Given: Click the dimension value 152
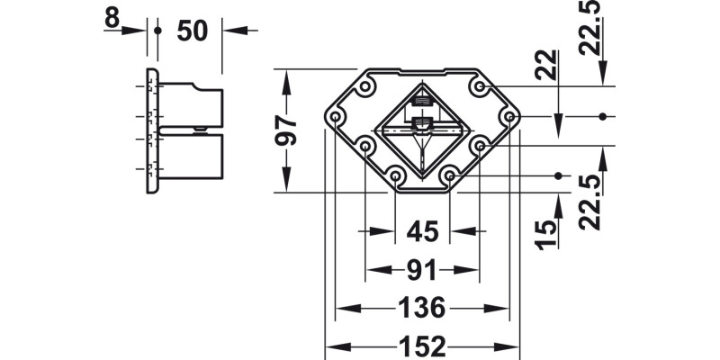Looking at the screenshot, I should (x=421, y=346).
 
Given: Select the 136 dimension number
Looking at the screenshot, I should (x=421, y=309).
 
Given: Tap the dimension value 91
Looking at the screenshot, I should (x=421, y=270).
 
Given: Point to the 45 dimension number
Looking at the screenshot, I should (x=421, y=231).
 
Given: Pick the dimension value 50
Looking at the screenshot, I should (x=191, y=30).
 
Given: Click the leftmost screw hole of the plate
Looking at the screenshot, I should (x=337, y=118).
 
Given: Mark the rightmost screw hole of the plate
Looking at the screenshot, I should (x=508, y=118).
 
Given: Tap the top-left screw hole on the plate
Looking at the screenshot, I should (x=365, y=88).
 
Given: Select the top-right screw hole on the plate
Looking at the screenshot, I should (x=480, y=87).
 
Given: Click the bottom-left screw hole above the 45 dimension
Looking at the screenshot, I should (x=395, y=175).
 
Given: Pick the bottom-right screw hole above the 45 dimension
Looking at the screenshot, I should (x=450, y=175).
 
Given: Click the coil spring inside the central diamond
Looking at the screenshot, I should (x=422, y=109).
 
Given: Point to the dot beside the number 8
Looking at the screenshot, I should (x=157, y=30).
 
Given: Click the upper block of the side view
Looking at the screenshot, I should (x=191, y=104).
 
